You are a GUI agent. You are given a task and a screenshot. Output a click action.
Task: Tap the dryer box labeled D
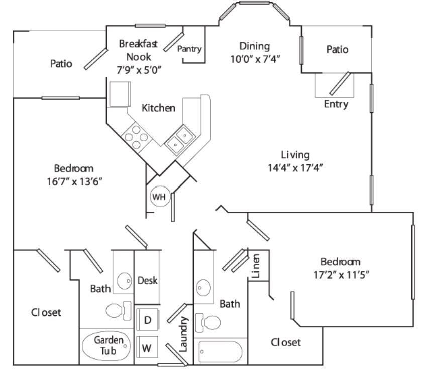[x=148, y=320]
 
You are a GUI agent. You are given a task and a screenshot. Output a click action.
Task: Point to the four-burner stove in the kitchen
[x=136, y=136]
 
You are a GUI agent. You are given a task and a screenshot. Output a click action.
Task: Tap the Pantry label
[x=190, y=49]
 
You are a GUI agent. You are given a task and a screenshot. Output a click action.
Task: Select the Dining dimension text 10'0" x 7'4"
[x=255, y=58]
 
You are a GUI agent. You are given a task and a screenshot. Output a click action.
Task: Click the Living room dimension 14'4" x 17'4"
[x=295, y=167]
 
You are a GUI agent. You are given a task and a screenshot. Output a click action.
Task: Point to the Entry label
[x=336, y=104]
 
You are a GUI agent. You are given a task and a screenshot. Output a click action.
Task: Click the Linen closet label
[x=256, y=267]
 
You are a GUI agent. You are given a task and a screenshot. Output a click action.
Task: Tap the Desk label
[x=148, y=281]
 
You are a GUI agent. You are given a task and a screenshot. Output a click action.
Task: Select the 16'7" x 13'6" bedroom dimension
[x=74, y=181]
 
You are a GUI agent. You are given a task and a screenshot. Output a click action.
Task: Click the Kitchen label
[x=158, y=108]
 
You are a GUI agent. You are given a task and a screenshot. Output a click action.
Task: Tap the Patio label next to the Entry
[x=337, y=50]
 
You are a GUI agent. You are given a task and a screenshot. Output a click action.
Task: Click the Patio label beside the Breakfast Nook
[x=61, y=64]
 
